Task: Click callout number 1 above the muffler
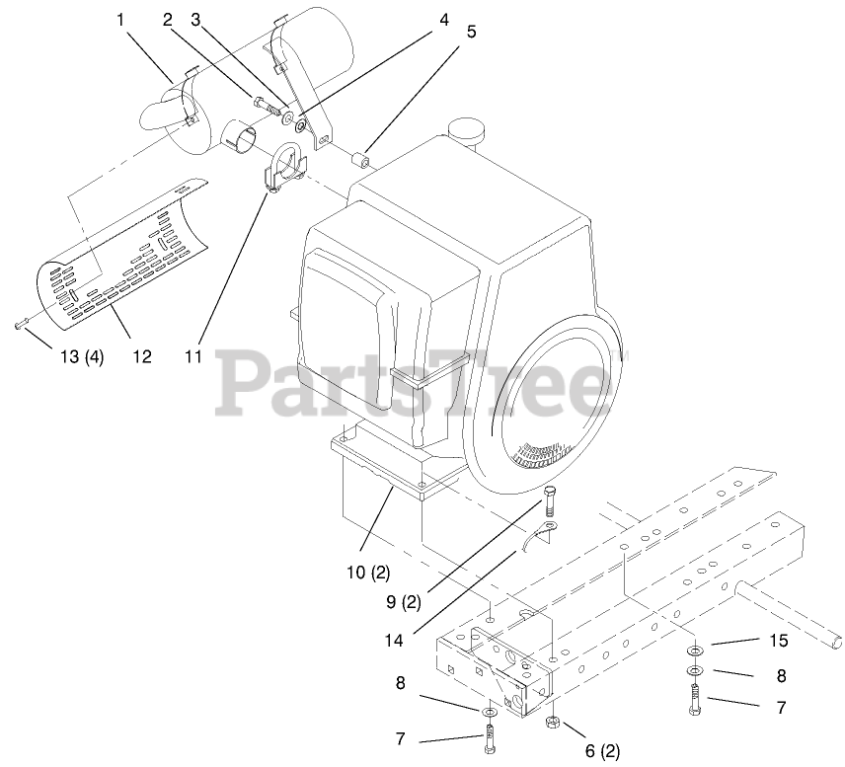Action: coord(121,19)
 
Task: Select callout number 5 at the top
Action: coord(471,31)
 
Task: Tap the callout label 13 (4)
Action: coord(79,356)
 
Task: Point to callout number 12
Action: coord(142,356)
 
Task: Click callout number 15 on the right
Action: coord(778,641)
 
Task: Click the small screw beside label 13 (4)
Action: coord(21,324)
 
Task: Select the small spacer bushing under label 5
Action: coord(365,156)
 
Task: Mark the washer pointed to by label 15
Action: coord(695,652)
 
